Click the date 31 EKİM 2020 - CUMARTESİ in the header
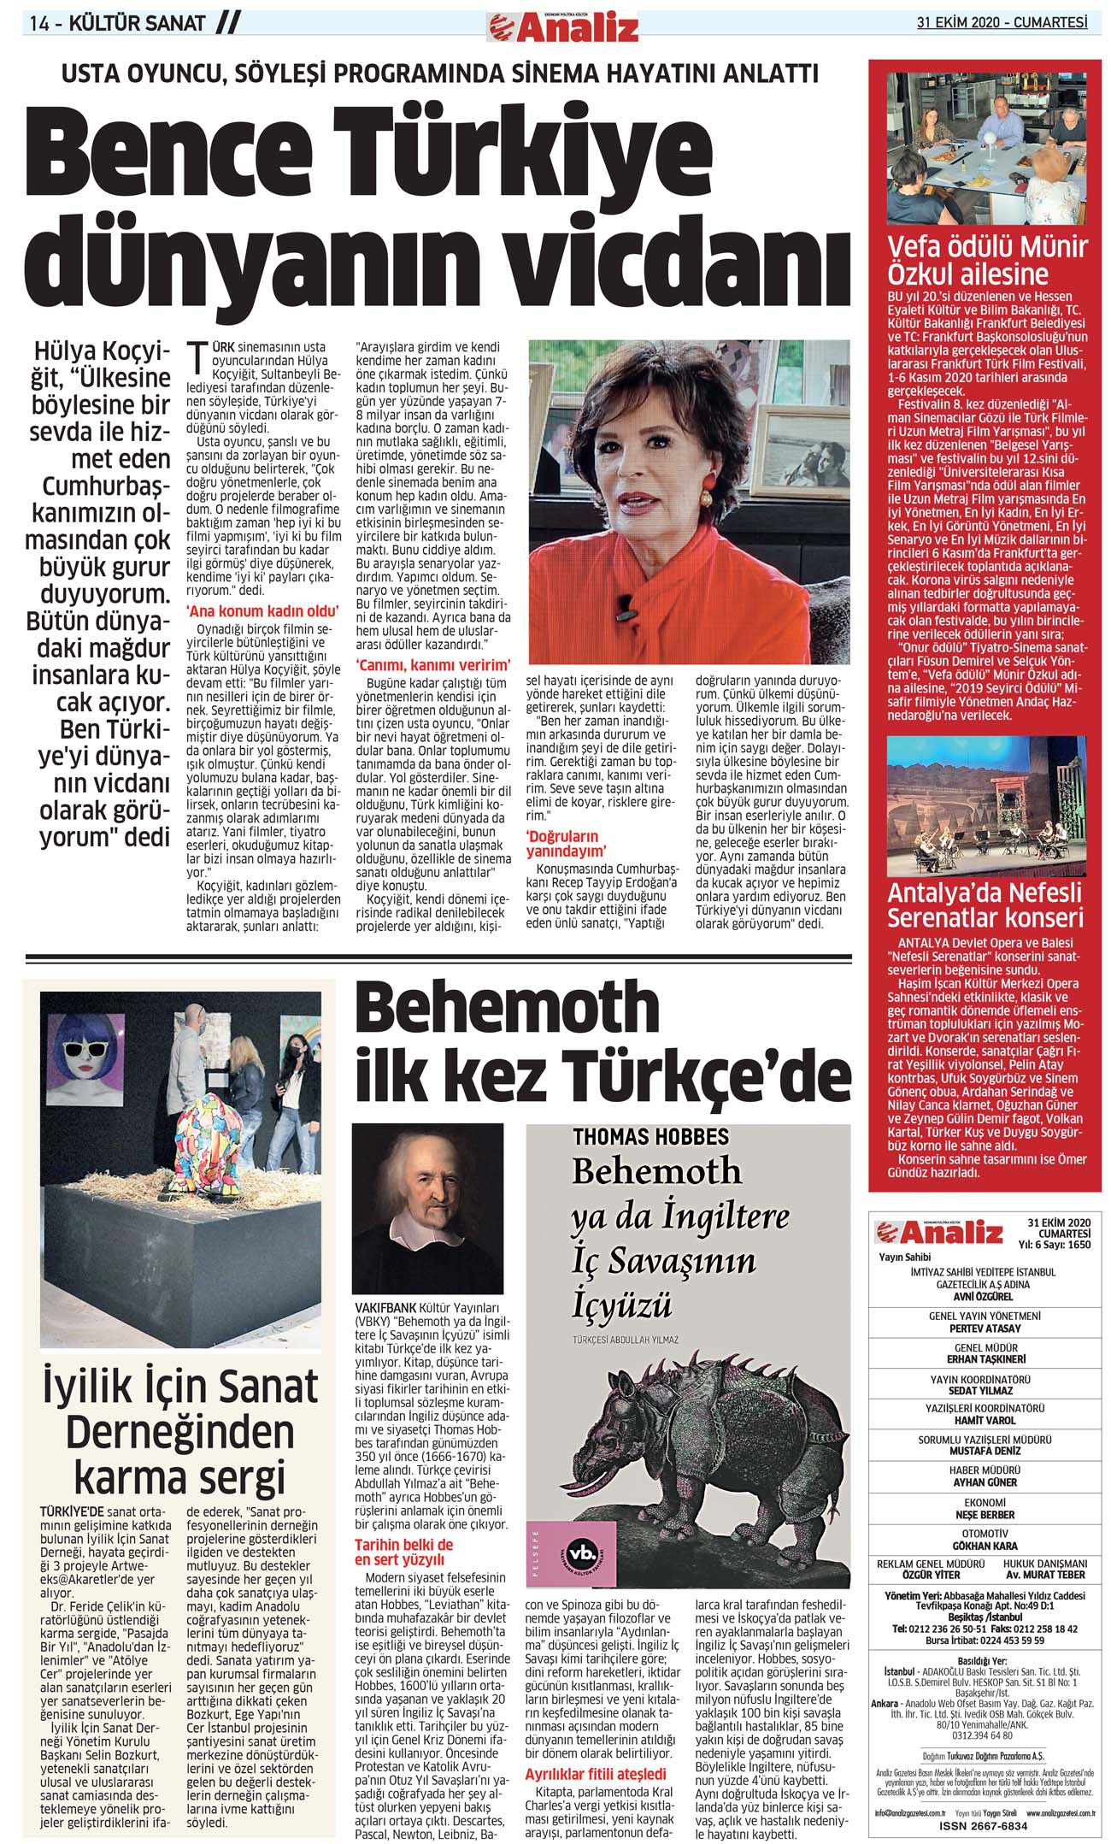(x=1002, y=23)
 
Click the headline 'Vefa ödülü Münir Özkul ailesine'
(x=986, y=261)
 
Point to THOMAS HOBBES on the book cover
(x=650, y=1137)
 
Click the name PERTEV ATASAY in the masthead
(x=984, y=1329)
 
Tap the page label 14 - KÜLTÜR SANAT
(x=117, y=23)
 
